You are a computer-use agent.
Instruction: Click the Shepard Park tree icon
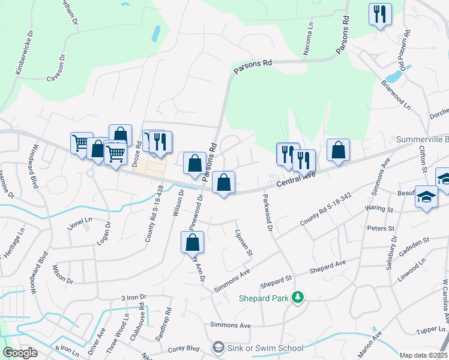click(x=297, y=297)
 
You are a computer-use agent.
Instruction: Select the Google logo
click(x=20, y=353)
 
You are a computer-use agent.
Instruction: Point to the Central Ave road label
click(x=296, y=178)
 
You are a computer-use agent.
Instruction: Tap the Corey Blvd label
click(x=184, y=348)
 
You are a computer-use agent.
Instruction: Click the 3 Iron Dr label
click(x=134, y=297)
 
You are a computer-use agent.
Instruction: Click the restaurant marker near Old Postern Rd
click(x=380, y=14)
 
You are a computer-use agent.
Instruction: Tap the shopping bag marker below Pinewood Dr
click(x=193, y=243)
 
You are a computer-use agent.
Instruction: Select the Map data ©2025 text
click(x=424, y=355)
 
